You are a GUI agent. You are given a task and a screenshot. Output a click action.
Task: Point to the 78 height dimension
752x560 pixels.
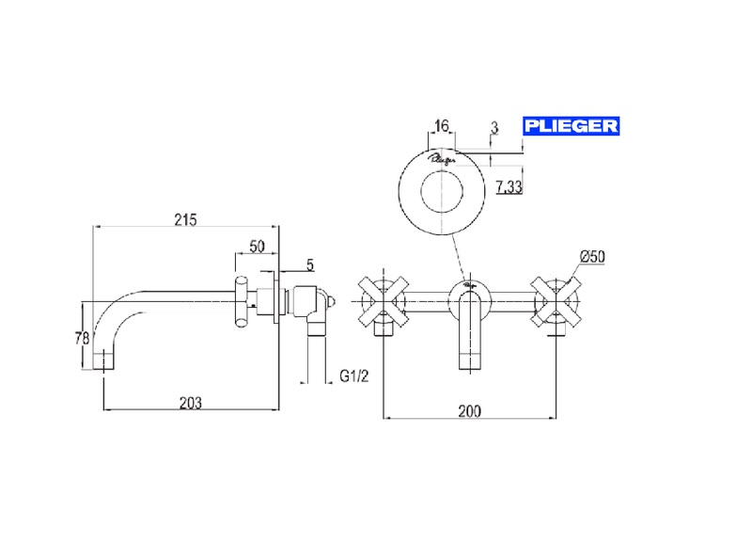82,338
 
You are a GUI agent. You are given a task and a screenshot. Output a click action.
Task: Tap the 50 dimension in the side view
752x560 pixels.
257,247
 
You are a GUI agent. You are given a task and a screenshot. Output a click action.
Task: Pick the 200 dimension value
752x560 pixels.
470,410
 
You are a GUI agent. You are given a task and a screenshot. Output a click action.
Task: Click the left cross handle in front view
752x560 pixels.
382,301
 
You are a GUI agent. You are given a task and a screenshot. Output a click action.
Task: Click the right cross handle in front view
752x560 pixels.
556,301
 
